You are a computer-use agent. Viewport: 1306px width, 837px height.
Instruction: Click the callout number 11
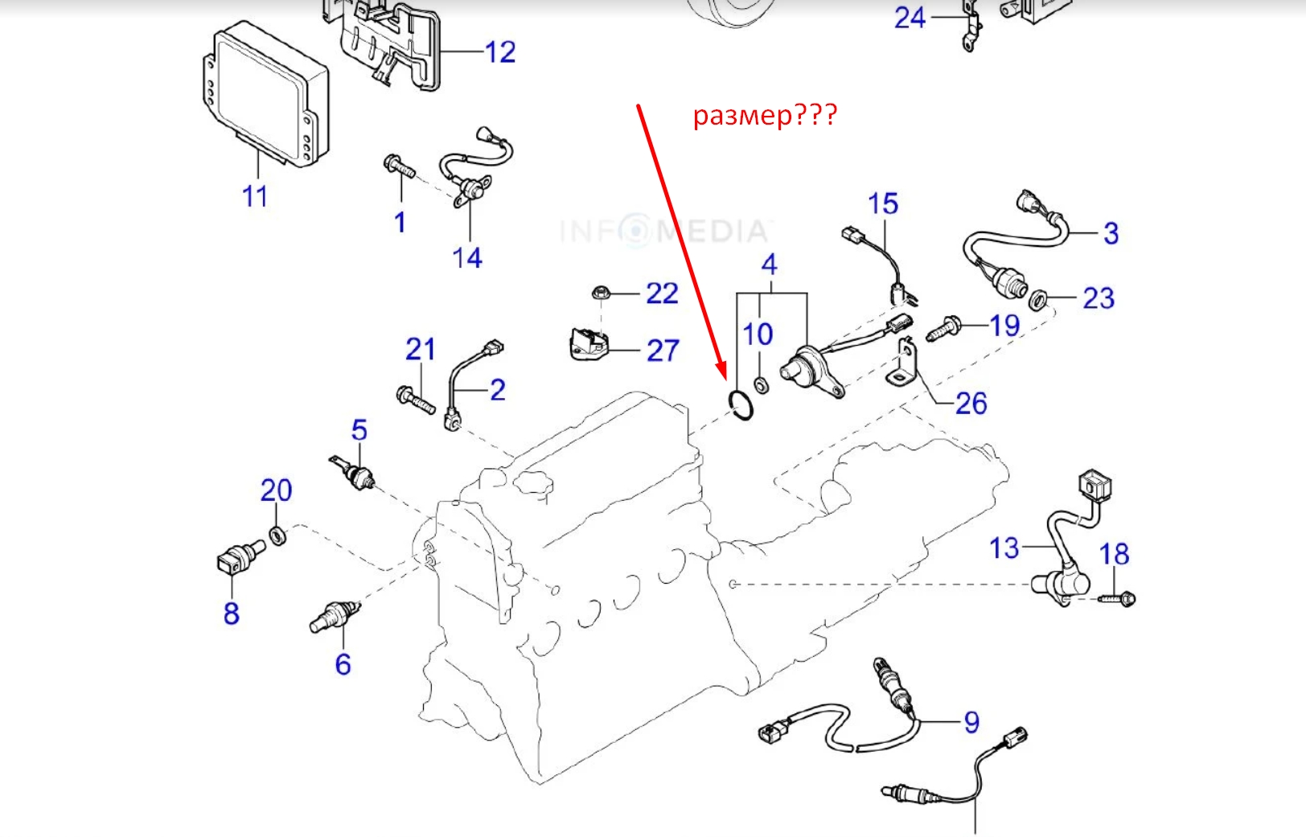pos(255,196)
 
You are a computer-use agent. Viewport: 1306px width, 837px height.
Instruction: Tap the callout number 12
pos(499,52)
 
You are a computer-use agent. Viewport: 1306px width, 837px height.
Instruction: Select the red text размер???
pos(765,116)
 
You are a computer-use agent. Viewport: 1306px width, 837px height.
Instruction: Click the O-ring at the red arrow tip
pos(741,405)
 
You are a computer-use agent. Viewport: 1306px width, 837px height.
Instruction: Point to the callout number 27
pos(663,351)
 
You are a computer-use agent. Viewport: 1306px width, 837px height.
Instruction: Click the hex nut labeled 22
pos(599,292)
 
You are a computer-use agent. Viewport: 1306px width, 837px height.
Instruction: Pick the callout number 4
pos(770,265)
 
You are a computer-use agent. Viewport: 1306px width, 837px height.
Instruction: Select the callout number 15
pos(882,204)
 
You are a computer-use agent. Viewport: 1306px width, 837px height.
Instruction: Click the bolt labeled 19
pos(943,329)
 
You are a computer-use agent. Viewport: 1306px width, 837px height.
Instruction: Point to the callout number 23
pos(1099,298)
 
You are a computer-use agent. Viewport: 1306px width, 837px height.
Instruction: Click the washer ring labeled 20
pos(277,535)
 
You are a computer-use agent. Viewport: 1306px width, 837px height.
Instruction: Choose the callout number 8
pos(232,613)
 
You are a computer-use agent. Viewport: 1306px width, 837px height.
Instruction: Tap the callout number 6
pos(343,664)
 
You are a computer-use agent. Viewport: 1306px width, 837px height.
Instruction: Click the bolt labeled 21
pos(415,398)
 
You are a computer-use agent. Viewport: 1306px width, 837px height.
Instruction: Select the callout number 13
pos(1004,548)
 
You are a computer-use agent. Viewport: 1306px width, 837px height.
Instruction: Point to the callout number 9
pos(971,722)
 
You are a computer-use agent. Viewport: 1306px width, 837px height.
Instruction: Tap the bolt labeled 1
pos(399,168)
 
